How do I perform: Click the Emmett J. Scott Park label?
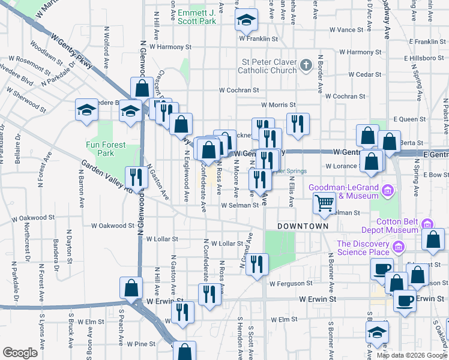coord(196,16)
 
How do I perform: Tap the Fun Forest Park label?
coord(100,149)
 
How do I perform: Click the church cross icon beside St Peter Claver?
coord(306,65)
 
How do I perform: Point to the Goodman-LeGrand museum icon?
coord(388,191)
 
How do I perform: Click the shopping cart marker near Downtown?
coord(324,204)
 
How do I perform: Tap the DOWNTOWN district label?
coord(303,226)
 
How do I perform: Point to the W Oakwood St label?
coord(113,226)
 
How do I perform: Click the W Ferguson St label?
coord(291,283)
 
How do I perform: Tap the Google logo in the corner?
coord(20,352)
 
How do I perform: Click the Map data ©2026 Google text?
coord(412,355)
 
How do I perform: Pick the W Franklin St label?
coord(259,38)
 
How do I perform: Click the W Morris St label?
coord(279,104)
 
